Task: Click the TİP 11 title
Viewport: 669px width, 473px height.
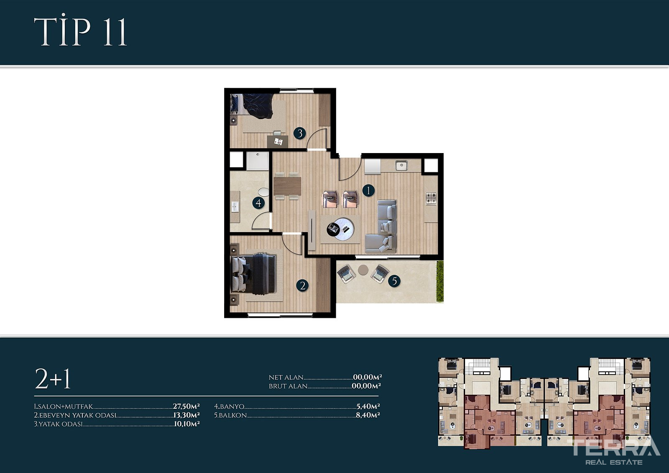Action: pos(81,31)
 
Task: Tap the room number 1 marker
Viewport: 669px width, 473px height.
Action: pos(368,190)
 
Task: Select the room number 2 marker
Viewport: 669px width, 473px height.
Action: pos(302,286)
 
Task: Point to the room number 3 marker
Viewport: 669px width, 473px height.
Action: pos(299,133)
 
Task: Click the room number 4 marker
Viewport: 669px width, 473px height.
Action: pos(258,203)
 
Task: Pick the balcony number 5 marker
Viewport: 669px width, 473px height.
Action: pos(394,281)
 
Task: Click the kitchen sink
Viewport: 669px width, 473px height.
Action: pos(401,165)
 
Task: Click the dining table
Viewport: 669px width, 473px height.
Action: pos(287,186)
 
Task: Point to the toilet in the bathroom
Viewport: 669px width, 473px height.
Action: pos(263,192)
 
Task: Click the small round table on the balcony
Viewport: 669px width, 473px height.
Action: pos(363,270)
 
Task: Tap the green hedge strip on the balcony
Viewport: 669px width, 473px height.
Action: pos(440,281)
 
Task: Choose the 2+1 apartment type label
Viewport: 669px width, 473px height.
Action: pos(53,378)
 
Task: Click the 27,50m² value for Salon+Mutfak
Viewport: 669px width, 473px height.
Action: pos(186,407)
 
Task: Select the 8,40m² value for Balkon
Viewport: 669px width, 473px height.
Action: pos(368,415)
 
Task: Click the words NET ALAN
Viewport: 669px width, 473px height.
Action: pos(286,378)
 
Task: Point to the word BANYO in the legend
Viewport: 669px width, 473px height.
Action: pos(232,407)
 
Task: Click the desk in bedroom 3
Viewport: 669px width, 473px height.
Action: pos(278,141)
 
